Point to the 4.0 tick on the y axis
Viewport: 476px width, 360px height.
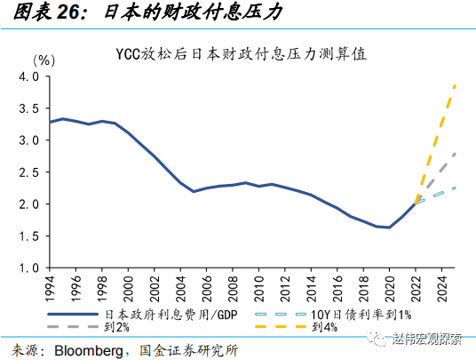(x=28, y=76)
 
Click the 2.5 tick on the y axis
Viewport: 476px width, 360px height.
(x=28, y=172)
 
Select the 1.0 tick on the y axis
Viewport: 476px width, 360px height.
(x=28, y=268)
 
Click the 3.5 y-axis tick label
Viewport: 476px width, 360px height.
(x=28, y=108)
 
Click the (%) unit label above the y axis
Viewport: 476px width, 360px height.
(x=44, y=60)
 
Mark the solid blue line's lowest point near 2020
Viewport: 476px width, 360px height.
(x=388, y=228)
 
